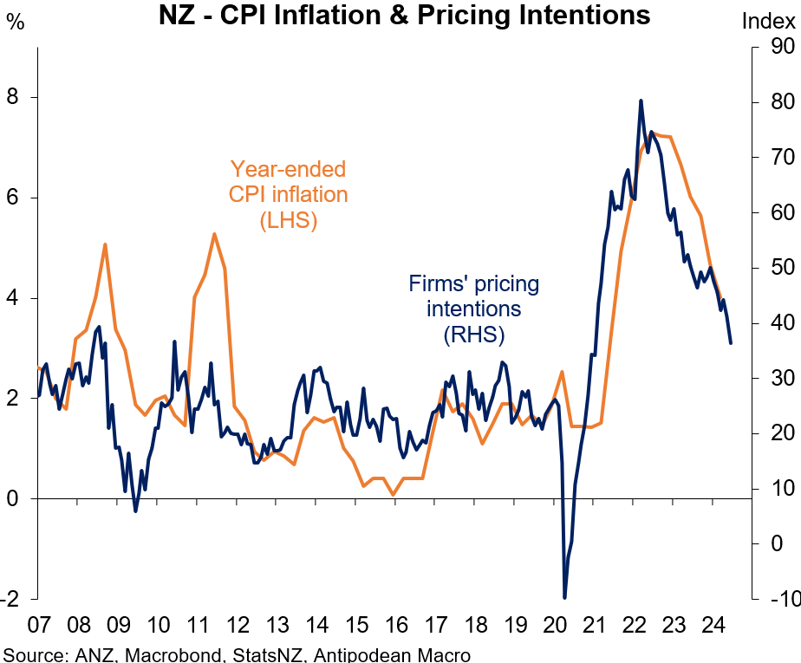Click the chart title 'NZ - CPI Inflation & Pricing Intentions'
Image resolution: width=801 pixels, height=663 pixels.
coord(404,16)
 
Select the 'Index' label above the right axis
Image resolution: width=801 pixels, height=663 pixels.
coord(768,22)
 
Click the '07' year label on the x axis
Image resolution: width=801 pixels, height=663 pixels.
coord(39,625)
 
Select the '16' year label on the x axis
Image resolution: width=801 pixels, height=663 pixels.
coord(395,625)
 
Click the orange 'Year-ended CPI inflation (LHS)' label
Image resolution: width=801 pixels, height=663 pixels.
coord(288,195)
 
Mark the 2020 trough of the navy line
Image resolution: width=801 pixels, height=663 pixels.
coord(565,597)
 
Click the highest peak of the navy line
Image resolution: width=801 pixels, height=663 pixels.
coord(641,101)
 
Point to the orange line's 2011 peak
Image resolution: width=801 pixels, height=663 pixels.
coord(213,234)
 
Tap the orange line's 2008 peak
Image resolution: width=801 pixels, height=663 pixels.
coord(105,244)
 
